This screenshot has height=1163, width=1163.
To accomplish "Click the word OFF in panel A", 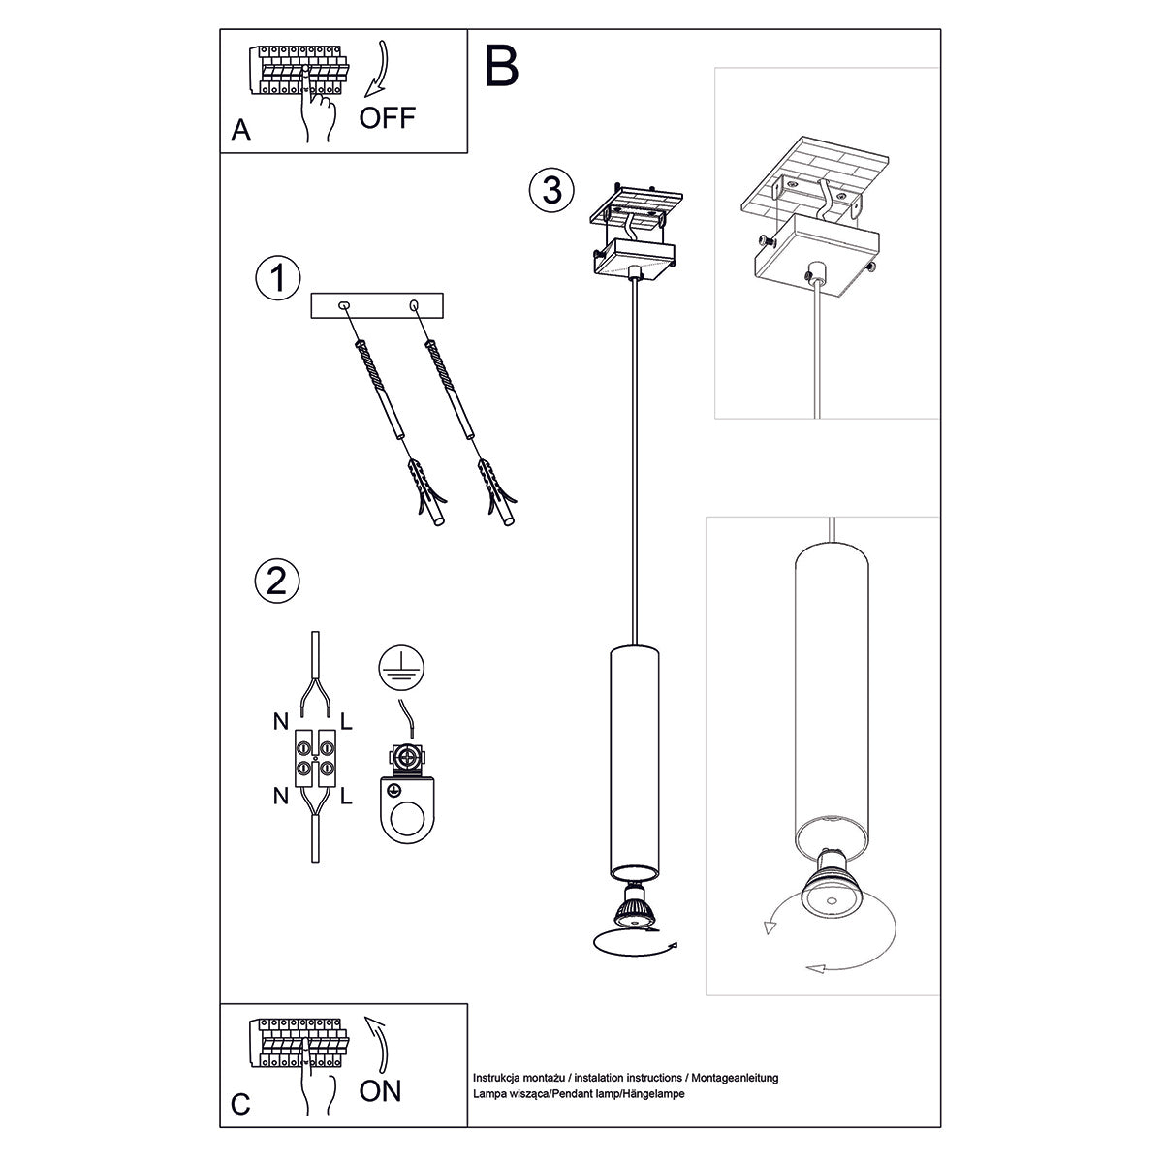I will click(x=387, y=118).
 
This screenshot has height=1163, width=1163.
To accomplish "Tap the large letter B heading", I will click(x=501, y=66).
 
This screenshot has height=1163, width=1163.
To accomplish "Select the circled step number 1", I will click(x=276, y=278).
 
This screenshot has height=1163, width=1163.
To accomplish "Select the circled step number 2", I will click(x=276, y=581).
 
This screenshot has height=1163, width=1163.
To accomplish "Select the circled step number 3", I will click(x=551, y=189).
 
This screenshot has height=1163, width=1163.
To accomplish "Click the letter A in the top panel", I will click(x=241, y=131).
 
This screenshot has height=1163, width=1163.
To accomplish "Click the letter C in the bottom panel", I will click(x=241, y=1104).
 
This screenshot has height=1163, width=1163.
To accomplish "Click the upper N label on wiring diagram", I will click(x=278, y=722).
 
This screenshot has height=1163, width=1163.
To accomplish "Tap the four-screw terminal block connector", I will click(x=314, y=758).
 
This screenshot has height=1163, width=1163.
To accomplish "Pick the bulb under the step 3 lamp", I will click(x=632, y=907).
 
